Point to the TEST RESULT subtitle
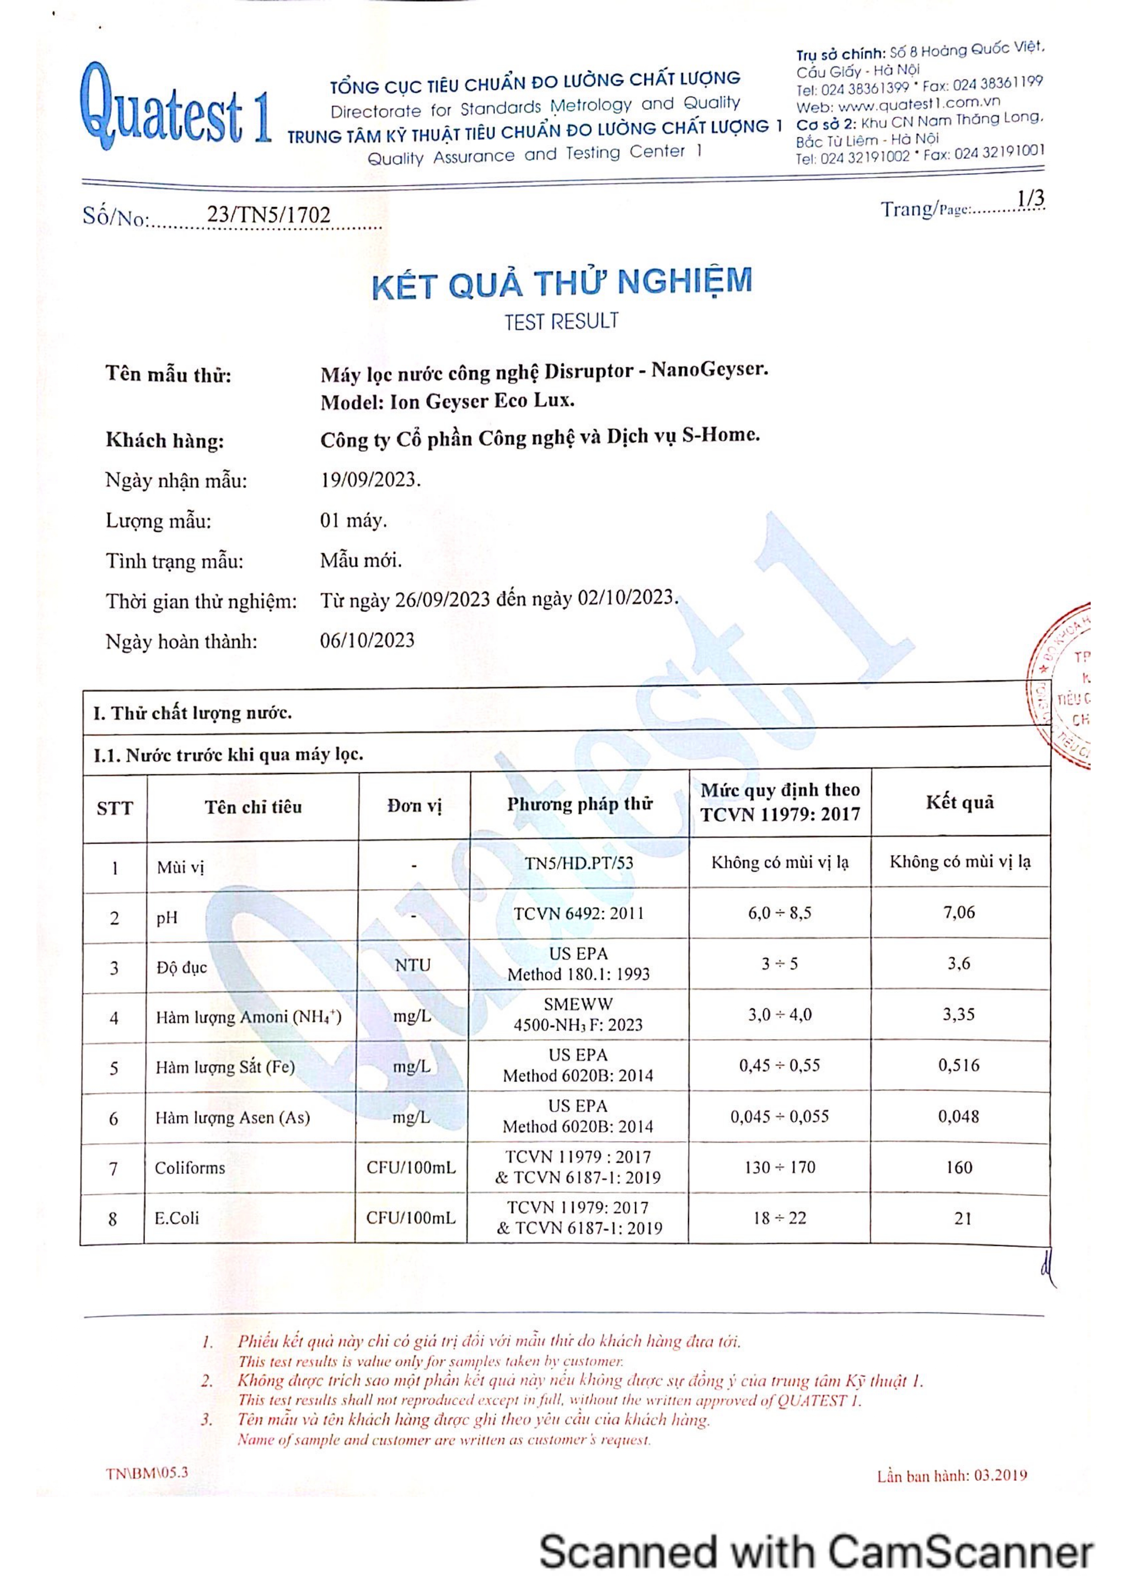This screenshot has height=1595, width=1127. [x=561, y=322]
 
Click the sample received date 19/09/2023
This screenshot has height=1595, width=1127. [x=370, y=480]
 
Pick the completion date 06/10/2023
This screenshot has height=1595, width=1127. [x=367, y=640]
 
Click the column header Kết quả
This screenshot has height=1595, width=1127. [x=960, y=802]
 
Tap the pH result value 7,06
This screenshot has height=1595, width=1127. [x=959, y=912]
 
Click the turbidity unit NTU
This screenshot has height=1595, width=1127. [x=413, y=965]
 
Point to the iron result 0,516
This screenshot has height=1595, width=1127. [x=959, y=1065]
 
